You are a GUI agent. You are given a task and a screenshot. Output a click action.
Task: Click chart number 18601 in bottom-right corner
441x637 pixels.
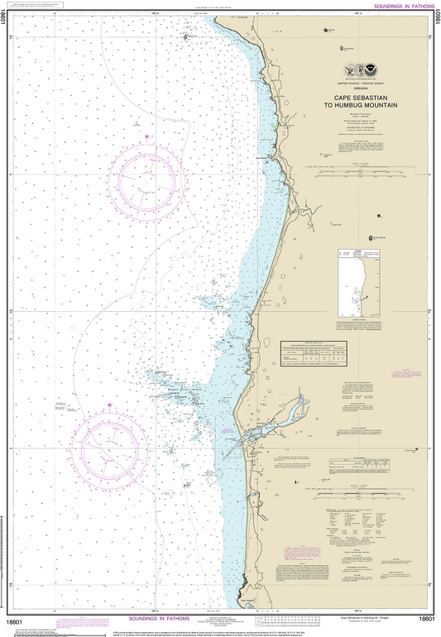tap(427, 620)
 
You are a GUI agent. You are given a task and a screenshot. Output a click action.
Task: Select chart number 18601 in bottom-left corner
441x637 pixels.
tap(14, 620)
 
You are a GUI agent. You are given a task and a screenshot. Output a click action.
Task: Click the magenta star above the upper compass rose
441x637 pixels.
tap(147, 136)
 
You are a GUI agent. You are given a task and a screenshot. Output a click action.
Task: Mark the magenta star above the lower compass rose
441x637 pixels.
tap(110, 405)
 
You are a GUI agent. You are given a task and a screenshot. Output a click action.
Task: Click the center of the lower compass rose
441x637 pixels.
tap(109, 448)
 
